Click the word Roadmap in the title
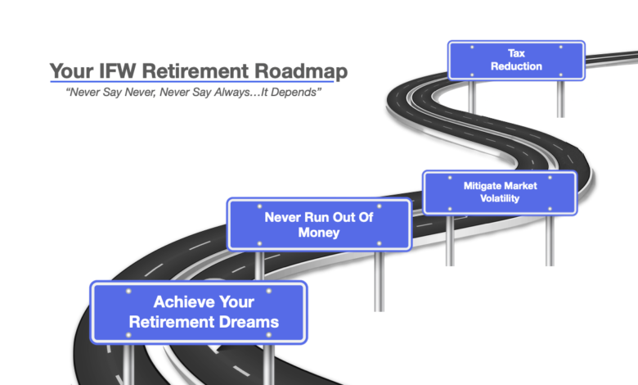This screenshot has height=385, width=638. click(301, 71)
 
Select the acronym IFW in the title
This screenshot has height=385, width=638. click(117, 70)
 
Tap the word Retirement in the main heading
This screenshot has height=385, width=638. click(195, 70)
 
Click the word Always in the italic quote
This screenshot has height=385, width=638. click(231, 92)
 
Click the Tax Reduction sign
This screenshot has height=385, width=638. click(516, 61)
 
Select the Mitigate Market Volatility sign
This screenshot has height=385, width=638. click(500, 192)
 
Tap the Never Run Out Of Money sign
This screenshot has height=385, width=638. click(319, 224)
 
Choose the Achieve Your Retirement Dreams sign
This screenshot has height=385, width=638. click(199, 312)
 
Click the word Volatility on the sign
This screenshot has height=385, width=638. click(500, 198)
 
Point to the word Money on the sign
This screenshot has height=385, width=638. click(319, 233)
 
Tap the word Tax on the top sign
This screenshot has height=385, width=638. click(516, 53)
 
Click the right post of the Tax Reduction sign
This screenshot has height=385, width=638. click(560, 98)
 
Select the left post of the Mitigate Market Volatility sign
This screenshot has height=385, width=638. click(450, 240)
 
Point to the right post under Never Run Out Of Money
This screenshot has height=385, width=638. click(380, 281)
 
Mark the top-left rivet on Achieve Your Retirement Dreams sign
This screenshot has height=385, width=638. click(128, 291)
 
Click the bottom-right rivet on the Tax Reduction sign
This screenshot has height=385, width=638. click(560, 75)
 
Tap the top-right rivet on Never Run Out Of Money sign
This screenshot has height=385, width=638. click(380, 206)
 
